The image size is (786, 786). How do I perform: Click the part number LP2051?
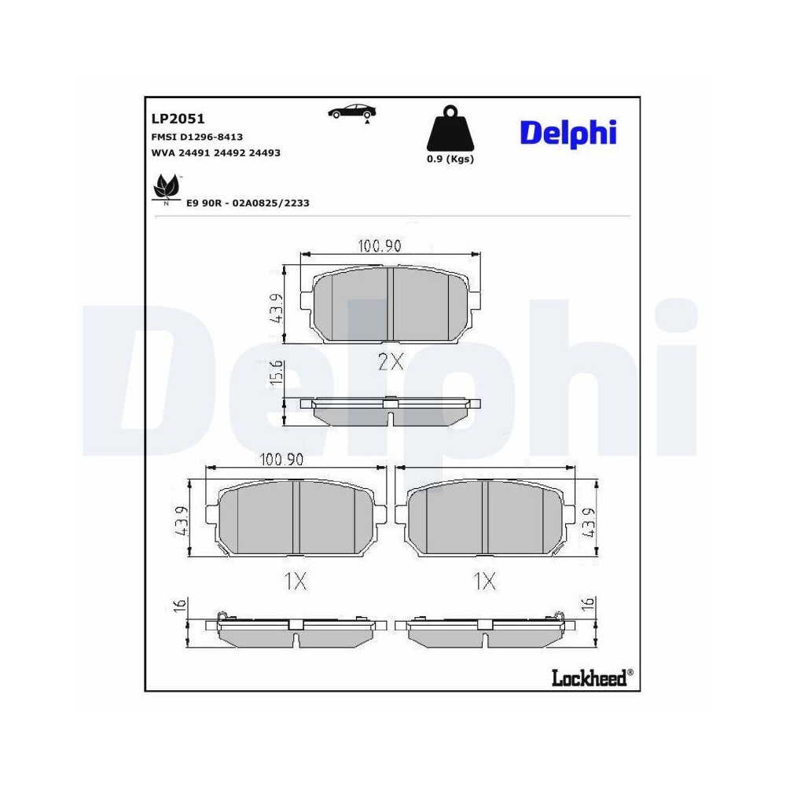178,119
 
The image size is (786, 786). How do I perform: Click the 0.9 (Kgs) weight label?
450,159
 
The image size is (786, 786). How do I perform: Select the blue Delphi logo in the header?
568,133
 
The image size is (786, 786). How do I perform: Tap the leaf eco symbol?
165,189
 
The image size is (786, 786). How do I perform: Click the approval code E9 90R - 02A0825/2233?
248,203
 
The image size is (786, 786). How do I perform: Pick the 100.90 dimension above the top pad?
380,246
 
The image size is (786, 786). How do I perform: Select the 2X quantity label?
390,362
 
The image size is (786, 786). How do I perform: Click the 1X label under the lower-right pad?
485,582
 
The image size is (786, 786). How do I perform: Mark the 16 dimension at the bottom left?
180,605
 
